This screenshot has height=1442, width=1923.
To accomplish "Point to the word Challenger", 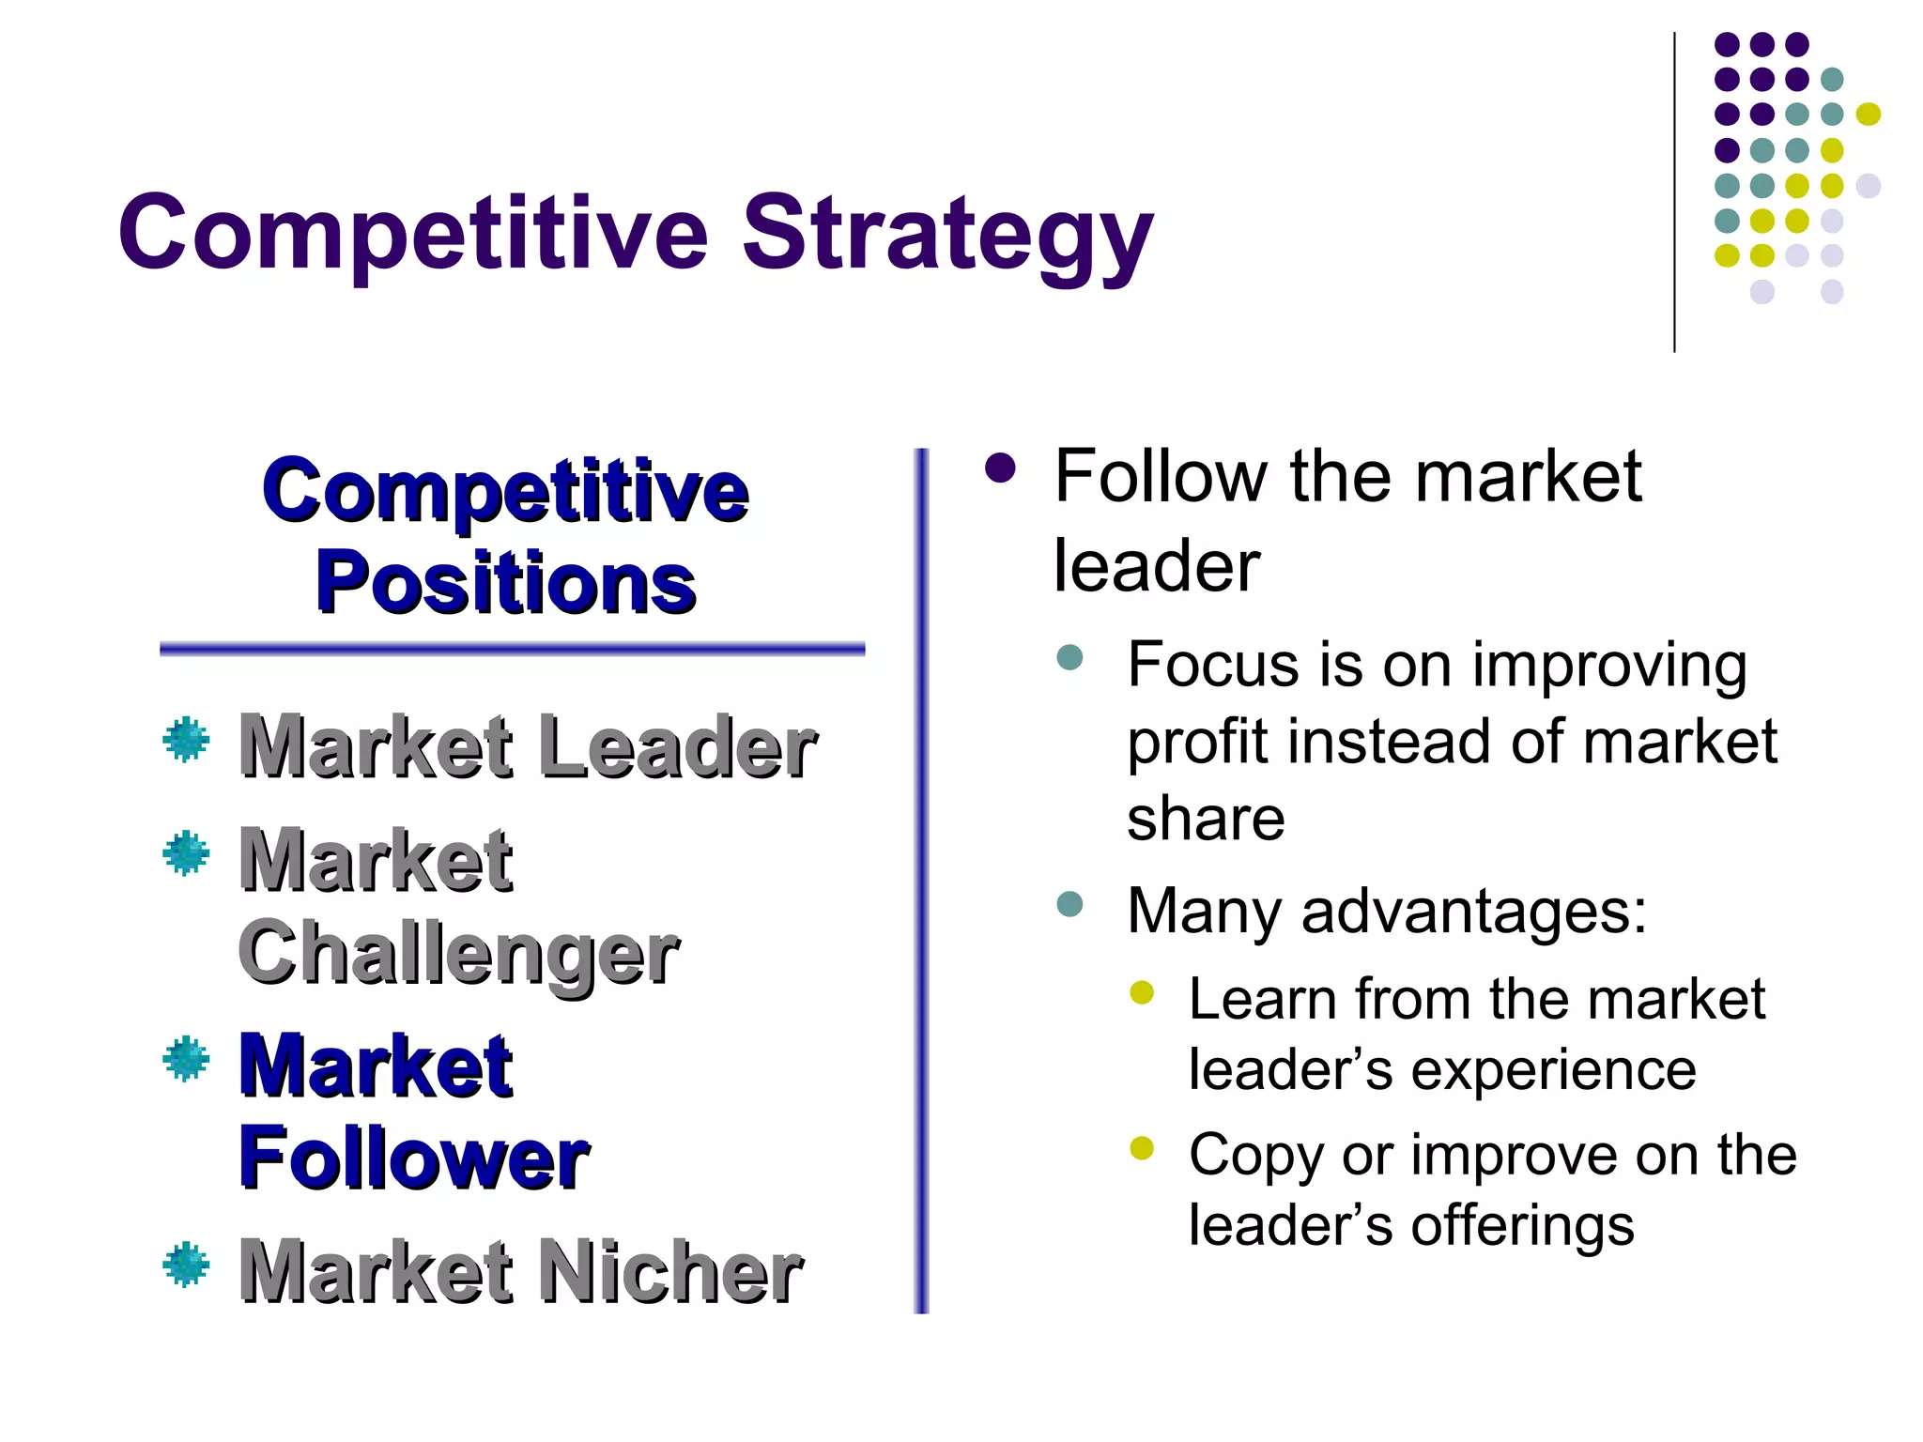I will click(x=458, y=954).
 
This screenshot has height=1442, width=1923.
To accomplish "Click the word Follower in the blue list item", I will click(x=413, y=1158).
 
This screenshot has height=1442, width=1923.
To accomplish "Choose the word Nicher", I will click(x=670, y=1271).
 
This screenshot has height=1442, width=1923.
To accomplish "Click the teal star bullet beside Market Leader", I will click(x=186, y=740).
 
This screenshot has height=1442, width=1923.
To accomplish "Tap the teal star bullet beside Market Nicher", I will click(x=186, y=1264).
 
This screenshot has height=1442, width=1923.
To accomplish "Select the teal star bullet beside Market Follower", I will click(x=186, y=1058).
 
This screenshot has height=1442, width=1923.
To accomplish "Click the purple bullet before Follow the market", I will click(x=1000, y=468).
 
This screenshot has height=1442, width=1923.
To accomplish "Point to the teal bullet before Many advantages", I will click(x=1069, y=904).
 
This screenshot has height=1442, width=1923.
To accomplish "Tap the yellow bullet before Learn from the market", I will click(x=1142, y=992).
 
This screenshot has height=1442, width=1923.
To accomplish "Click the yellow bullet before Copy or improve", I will click(x=1142, y=1148).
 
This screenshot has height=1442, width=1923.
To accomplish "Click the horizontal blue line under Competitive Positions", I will click(x=512, y=649).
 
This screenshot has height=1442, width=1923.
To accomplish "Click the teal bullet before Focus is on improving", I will click(x=1069, y=656).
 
